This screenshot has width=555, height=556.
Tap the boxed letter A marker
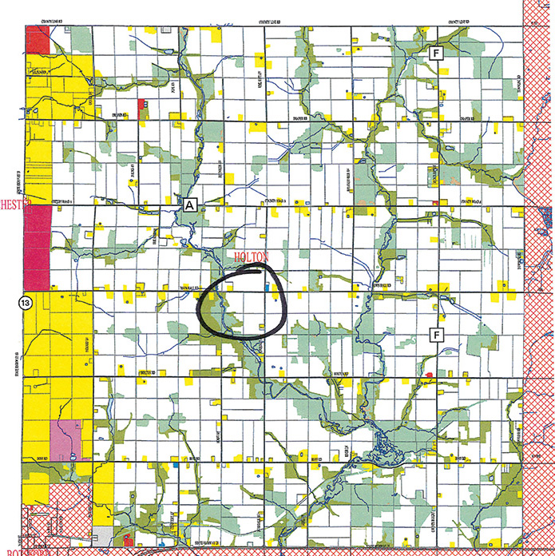[x=189, y=205]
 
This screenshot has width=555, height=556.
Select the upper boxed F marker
[x=436, y=54]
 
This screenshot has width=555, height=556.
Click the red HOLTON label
[x=254, y=256]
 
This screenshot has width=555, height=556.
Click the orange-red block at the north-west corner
[x=37, y=40]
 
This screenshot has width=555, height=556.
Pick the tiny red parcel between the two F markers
[x=434, y=203]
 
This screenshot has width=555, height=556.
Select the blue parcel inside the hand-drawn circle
[x=266, y=284]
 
